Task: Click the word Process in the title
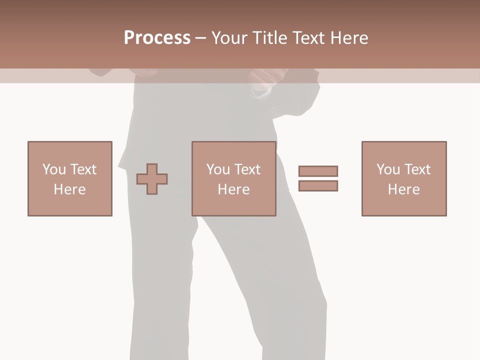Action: (x=157, y=38)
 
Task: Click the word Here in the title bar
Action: (x=349, y=38)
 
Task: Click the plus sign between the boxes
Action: (x=152, y=179)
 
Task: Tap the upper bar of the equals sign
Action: (x=318, y=171)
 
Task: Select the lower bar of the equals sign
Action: (x=318, y=185)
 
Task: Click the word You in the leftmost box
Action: (x=54, y=169)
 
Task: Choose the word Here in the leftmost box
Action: (x=69, y=189)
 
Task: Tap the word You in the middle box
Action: (x=218, y=169)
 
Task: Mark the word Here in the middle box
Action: (x=233, y=189)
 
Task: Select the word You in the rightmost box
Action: (x=388, y=169)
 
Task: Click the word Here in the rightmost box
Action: (x=403, y=189)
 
